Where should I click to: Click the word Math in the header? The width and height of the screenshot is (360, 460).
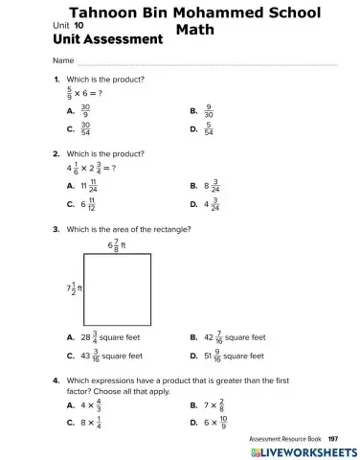click(x=195, y=30)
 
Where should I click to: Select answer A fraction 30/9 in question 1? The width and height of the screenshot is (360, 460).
click(x=85, y=111)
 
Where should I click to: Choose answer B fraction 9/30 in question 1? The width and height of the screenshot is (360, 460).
click(x=208, y=111)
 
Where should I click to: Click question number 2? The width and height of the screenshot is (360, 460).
click(x=56, y=153)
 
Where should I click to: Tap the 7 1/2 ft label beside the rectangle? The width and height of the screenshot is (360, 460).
click(x=74, y=287)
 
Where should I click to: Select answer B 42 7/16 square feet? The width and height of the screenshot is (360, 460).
click(x=235, y=337)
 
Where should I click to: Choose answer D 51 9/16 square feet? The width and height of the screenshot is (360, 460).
click(x=234, y=356)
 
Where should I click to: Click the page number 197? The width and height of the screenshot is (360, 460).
click(x=333, y=438)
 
